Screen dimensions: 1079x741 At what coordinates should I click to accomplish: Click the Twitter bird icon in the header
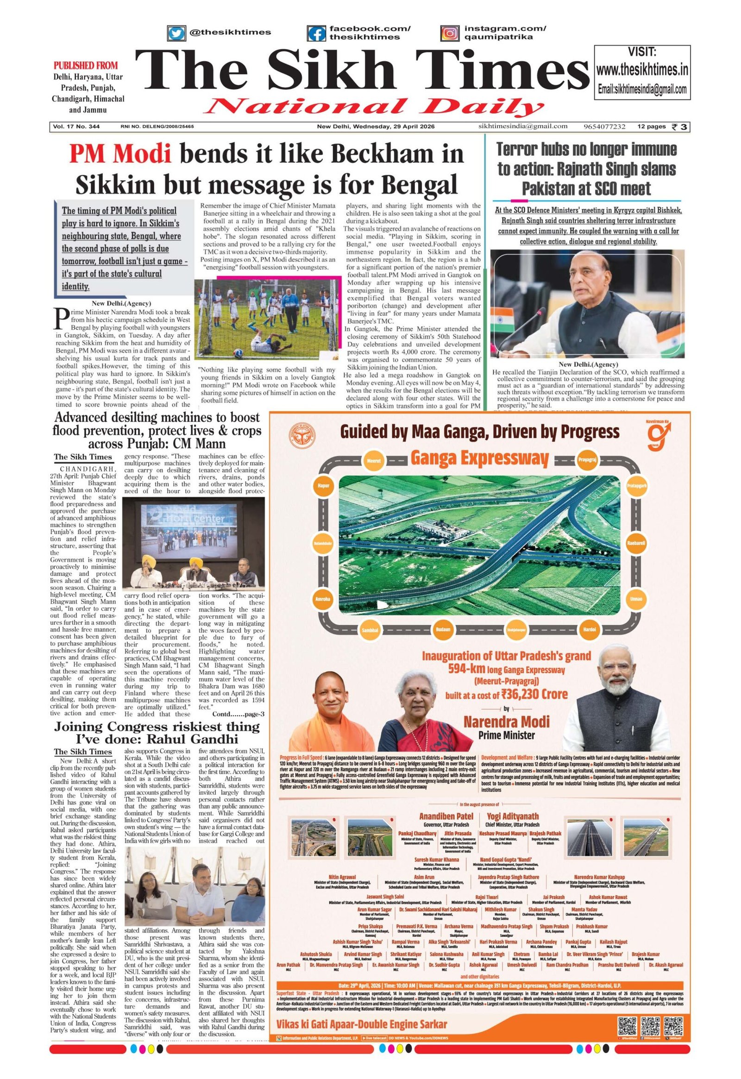coord(176,32)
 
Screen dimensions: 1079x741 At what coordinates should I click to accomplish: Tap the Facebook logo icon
coord(316,32)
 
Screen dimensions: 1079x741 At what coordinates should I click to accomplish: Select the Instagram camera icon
coord(449,32)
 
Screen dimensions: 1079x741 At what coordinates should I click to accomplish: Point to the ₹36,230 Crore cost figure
coord(541,694)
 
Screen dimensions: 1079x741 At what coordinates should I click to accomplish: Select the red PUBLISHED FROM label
coord(85,65)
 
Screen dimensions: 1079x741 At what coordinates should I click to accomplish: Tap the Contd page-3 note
coord(238,713)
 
